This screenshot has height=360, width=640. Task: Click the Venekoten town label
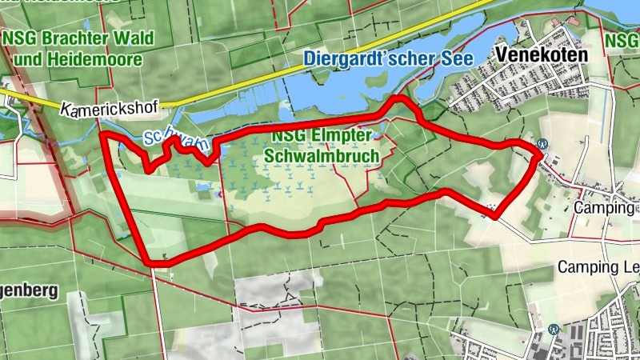coord(542,55)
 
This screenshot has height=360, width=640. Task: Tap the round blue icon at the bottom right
coord(553,329)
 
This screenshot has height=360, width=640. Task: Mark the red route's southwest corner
coord(150,262)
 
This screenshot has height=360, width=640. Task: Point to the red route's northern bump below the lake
coord(398,99)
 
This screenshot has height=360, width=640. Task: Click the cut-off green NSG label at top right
coord(622,38)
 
